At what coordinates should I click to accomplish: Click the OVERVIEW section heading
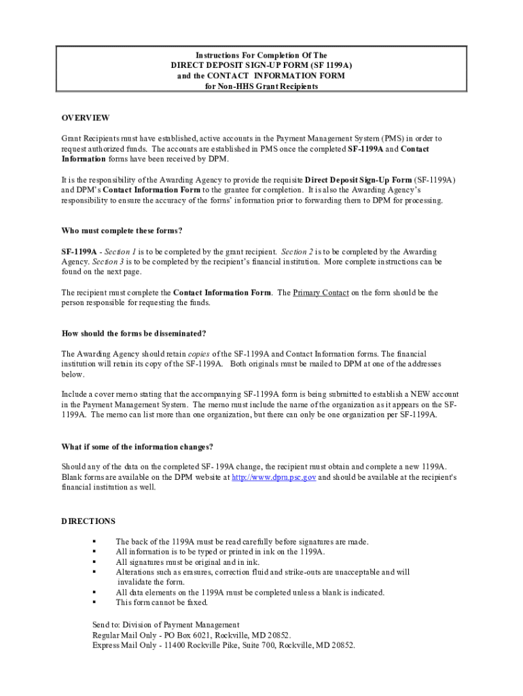85,118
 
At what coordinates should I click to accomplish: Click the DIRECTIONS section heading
88,521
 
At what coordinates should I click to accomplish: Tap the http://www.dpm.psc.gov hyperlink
274,477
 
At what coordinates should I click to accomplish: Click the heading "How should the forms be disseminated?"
134,333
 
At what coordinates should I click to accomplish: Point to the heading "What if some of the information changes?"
137,447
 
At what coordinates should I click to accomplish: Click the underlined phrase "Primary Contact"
321,292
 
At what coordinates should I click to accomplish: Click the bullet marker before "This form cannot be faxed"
94,602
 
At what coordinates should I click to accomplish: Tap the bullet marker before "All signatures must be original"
94,562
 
